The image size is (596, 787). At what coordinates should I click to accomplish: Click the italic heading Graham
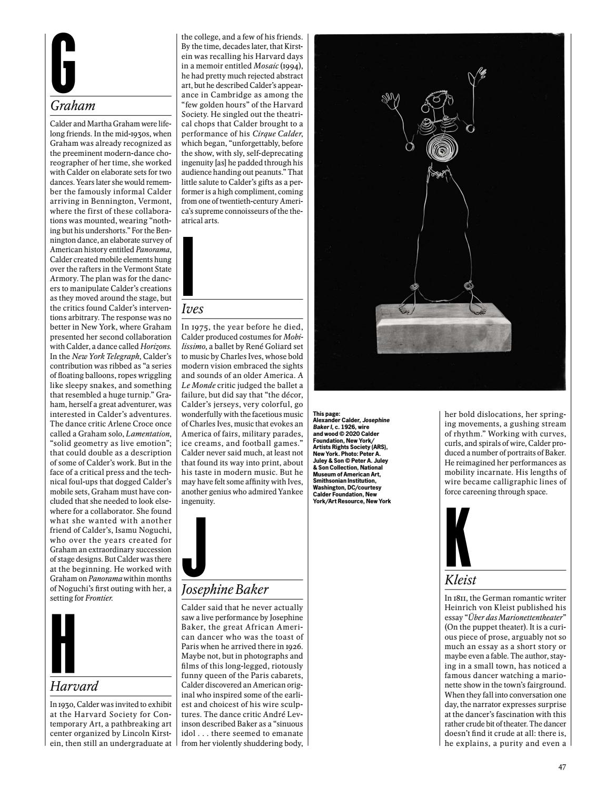(x=73, y=106)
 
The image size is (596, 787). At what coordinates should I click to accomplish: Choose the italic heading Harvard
(x=74, y=686)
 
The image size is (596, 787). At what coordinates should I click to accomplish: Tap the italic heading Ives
(x=192, y=309)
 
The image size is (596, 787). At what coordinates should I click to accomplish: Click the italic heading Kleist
(x=461, y=580)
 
